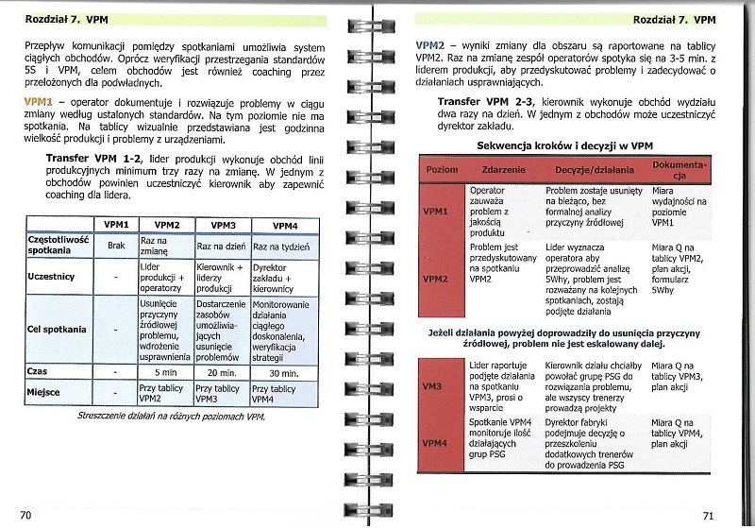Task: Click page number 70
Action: click(25, 514)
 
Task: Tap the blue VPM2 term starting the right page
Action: click(430, 46)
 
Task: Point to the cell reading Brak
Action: click(116, 246)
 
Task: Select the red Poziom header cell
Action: click(442, 169)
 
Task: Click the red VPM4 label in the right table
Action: click(434, 443)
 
